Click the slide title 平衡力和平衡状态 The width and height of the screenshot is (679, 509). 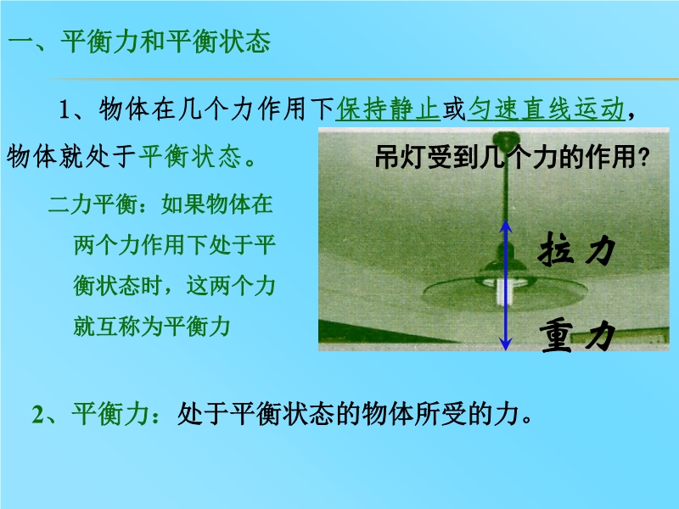pos(166,42)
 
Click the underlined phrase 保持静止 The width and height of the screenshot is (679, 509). pos(388,109)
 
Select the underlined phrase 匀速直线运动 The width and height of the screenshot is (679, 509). pos(547,109)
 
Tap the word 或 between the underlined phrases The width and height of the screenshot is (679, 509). pos(454,109)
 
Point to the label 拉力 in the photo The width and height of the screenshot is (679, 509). pos(577,249)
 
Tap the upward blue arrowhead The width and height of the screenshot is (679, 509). pos(506,227)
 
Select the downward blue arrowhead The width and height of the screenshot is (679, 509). pos(505,344)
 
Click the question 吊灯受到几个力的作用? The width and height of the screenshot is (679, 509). pos(513,157)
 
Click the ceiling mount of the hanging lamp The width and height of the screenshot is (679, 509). pos(507,138)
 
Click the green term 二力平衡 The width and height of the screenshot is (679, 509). pos(93,204)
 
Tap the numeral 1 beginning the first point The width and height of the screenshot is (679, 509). pos(65,109)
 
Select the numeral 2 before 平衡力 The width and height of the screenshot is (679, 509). pos(37,414)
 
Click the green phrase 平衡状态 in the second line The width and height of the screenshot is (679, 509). pos(189,157)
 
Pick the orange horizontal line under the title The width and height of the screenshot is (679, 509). pos(361,79)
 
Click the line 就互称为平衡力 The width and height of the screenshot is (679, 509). pos(152,326)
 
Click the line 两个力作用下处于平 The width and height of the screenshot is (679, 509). pos(174,245)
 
